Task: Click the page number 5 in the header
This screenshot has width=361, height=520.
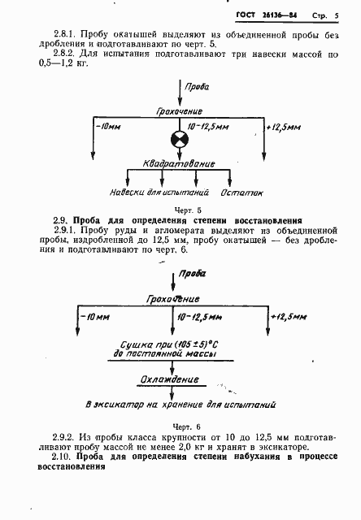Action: point(336,15)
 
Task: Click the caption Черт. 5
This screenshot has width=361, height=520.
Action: point(178,209)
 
